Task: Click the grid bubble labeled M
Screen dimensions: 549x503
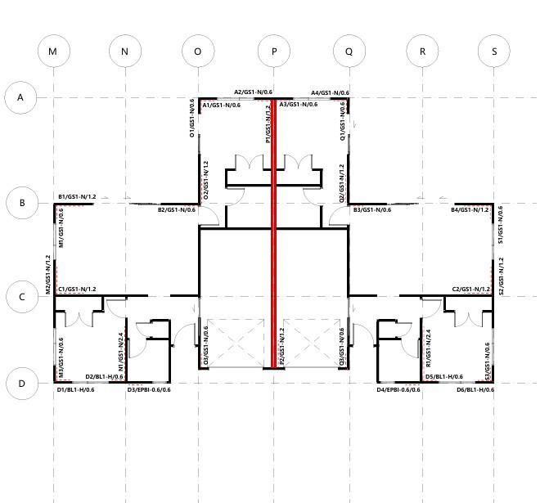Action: pos(54,51)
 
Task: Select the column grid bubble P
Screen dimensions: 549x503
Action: pos(274,51)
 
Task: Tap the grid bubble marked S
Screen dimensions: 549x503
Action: pos(494,51)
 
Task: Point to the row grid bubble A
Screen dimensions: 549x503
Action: pos(20,97)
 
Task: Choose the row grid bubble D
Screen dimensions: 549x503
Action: pos(22,384)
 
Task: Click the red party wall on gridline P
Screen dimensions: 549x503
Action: pos(274,233)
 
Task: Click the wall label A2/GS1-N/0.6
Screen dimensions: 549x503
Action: pos(253,92)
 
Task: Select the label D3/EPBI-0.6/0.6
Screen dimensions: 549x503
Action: pos(149,389)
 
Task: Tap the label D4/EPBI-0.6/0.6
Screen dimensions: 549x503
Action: pos(398,389)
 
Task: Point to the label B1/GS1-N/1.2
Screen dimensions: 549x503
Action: pos(77,197)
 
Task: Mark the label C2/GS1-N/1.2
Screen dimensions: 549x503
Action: pos(471,290)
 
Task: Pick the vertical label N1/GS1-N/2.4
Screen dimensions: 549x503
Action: pos(121,352)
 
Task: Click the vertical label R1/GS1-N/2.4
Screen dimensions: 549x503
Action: pos(428,348)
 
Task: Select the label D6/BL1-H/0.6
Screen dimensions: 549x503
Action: pos(475,389)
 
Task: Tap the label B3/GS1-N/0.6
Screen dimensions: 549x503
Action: pos(372,209)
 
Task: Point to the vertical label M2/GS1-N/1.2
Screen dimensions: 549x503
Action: pos(48,275)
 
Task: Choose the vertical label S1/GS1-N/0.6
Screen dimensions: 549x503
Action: pos(501,225)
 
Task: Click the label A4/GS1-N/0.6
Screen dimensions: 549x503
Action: pos(331,92)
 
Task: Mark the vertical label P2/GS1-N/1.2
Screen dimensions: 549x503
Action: pos(282,346)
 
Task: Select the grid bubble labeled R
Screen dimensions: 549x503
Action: pos(422,51)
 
